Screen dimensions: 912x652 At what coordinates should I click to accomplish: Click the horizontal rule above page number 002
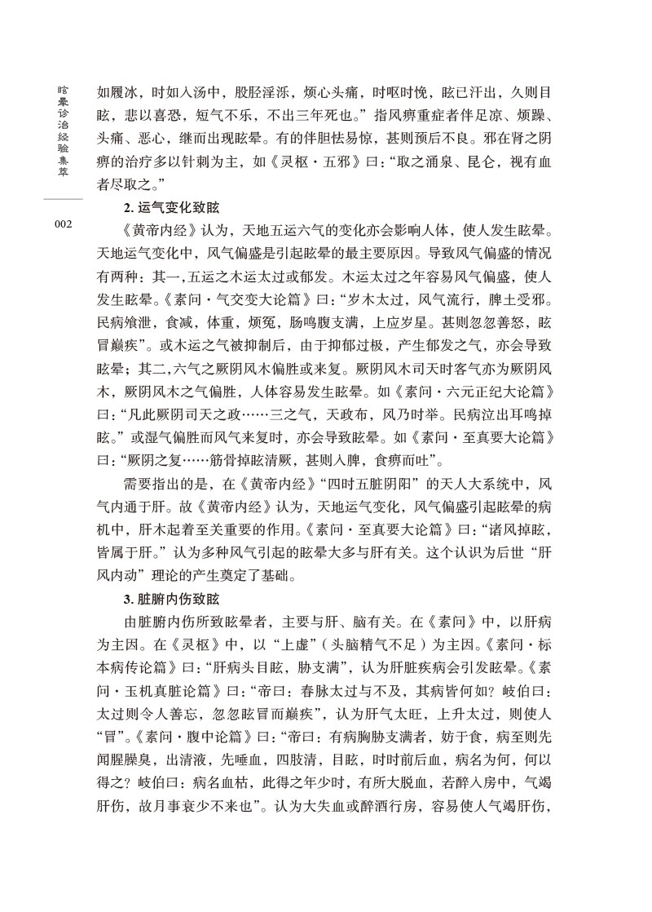[63, 198]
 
